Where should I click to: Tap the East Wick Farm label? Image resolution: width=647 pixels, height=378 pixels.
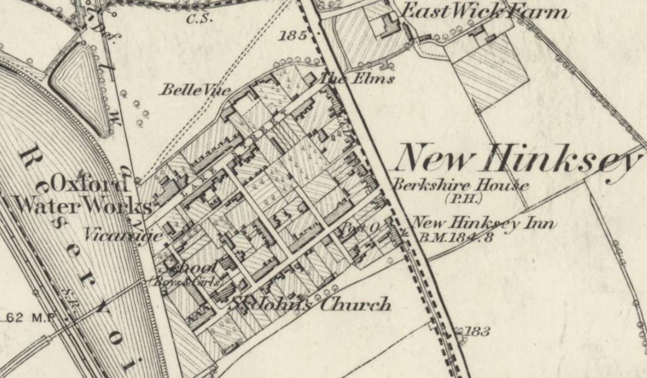coord(485,11)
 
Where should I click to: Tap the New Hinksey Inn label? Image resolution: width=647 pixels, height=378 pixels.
coord(483,223)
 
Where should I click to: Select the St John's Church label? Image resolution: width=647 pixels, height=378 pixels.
coord(311,304)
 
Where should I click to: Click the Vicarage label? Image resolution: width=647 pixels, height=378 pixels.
coord(123,235)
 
